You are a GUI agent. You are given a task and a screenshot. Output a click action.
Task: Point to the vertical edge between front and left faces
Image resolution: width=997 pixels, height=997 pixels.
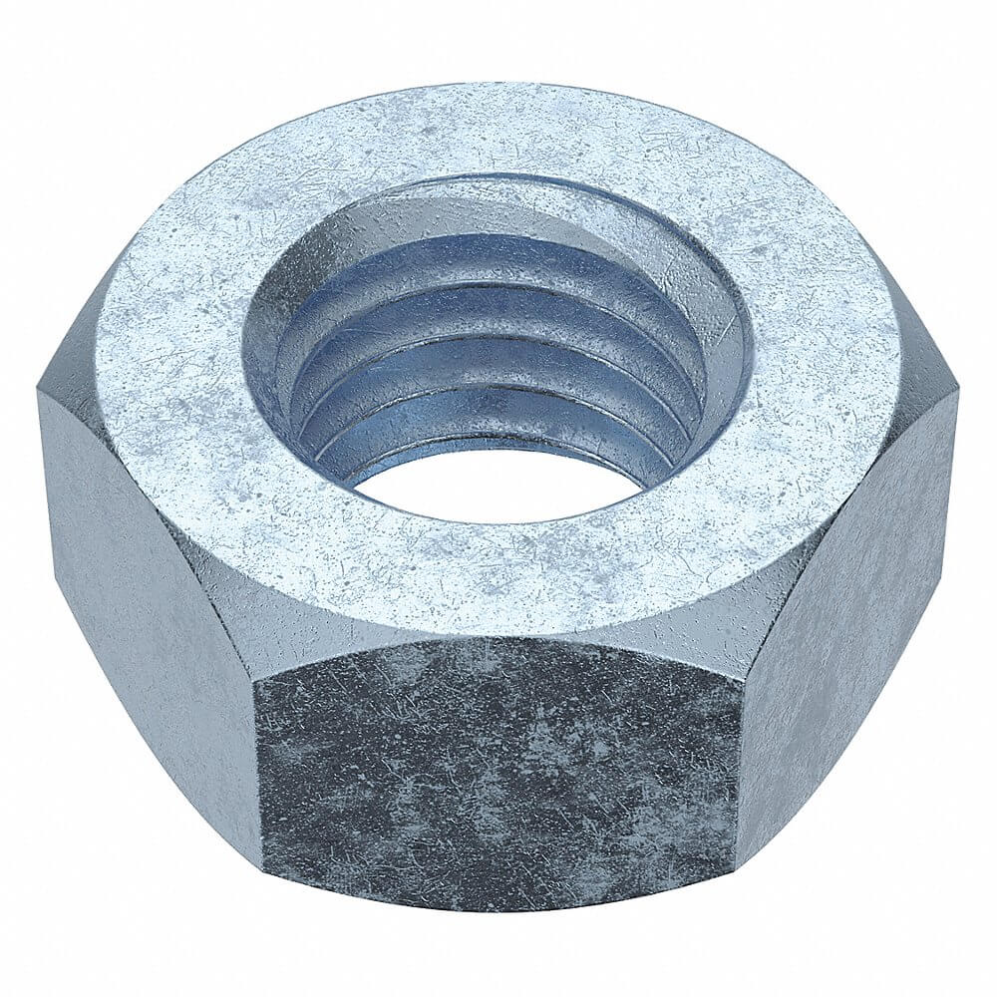pyautogui.click(x=257, y=758)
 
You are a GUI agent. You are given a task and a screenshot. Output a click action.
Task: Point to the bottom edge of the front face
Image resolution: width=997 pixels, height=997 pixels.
pyautogui.click(x=498, y=909)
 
